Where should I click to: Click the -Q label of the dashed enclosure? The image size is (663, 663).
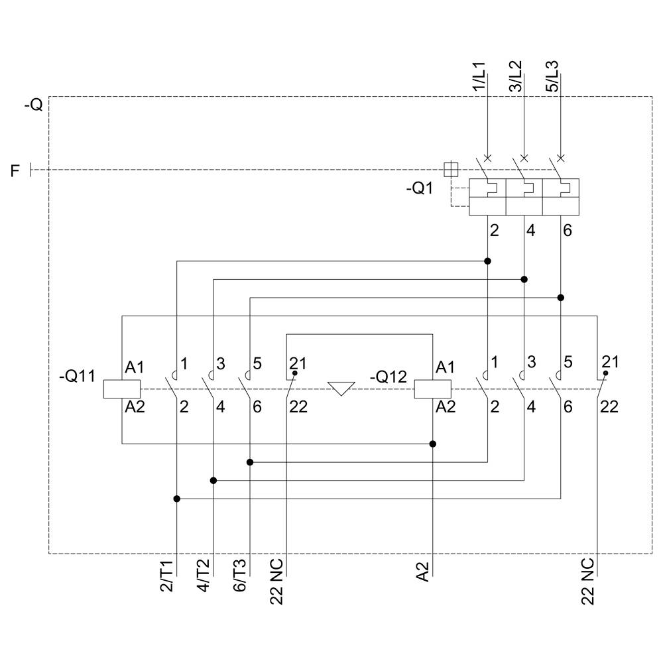(32, 105)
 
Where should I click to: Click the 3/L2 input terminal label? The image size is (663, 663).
(516, 77)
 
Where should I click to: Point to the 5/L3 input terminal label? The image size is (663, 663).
(552, 77)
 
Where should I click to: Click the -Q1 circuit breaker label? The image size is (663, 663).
(419, 188)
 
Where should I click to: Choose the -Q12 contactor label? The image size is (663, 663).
(388, 377)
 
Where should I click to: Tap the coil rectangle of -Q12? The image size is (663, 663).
(432, 389)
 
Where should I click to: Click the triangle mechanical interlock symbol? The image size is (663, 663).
(341, 388)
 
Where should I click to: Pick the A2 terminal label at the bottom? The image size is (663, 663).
(423, 572)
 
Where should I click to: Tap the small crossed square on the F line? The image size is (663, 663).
(450, 169)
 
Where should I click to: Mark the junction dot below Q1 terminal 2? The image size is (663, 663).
(487, 261)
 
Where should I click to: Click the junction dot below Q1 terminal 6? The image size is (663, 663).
(561, 298)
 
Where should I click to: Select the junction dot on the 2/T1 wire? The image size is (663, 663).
(176, 499)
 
